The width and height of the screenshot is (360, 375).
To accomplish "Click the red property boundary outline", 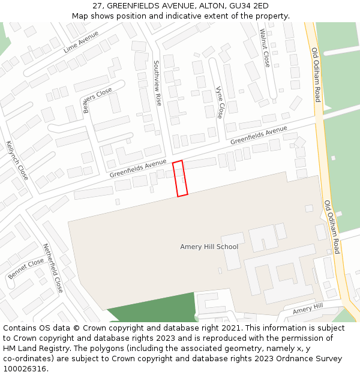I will pos(180,178).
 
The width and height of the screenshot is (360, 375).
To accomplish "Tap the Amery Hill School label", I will pos(209,247).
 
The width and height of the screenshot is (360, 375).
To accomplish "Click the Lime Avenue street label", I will pos(80,42).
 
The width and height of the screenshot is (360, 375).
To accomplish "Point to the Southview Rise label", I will pos(158,83).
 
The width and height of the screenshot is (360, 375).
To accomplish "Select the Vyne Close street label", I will pos(220,101).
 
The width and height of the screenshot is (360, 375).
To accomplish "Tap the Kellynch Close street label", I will pos(17,160).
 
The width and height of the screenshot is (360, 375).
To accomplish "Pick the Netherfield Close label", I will pos(53,268).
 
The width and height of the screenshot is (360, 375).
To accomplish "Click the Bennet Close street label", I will pos(26,268).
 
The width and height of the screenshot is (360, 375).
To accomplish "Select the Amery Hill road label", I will pos(308,309).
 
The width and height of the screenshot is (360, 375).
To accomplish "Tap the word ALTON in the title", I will pos(208,6).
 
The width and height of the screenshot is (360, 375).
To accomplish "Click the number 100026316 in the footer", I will pos(26,369).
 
